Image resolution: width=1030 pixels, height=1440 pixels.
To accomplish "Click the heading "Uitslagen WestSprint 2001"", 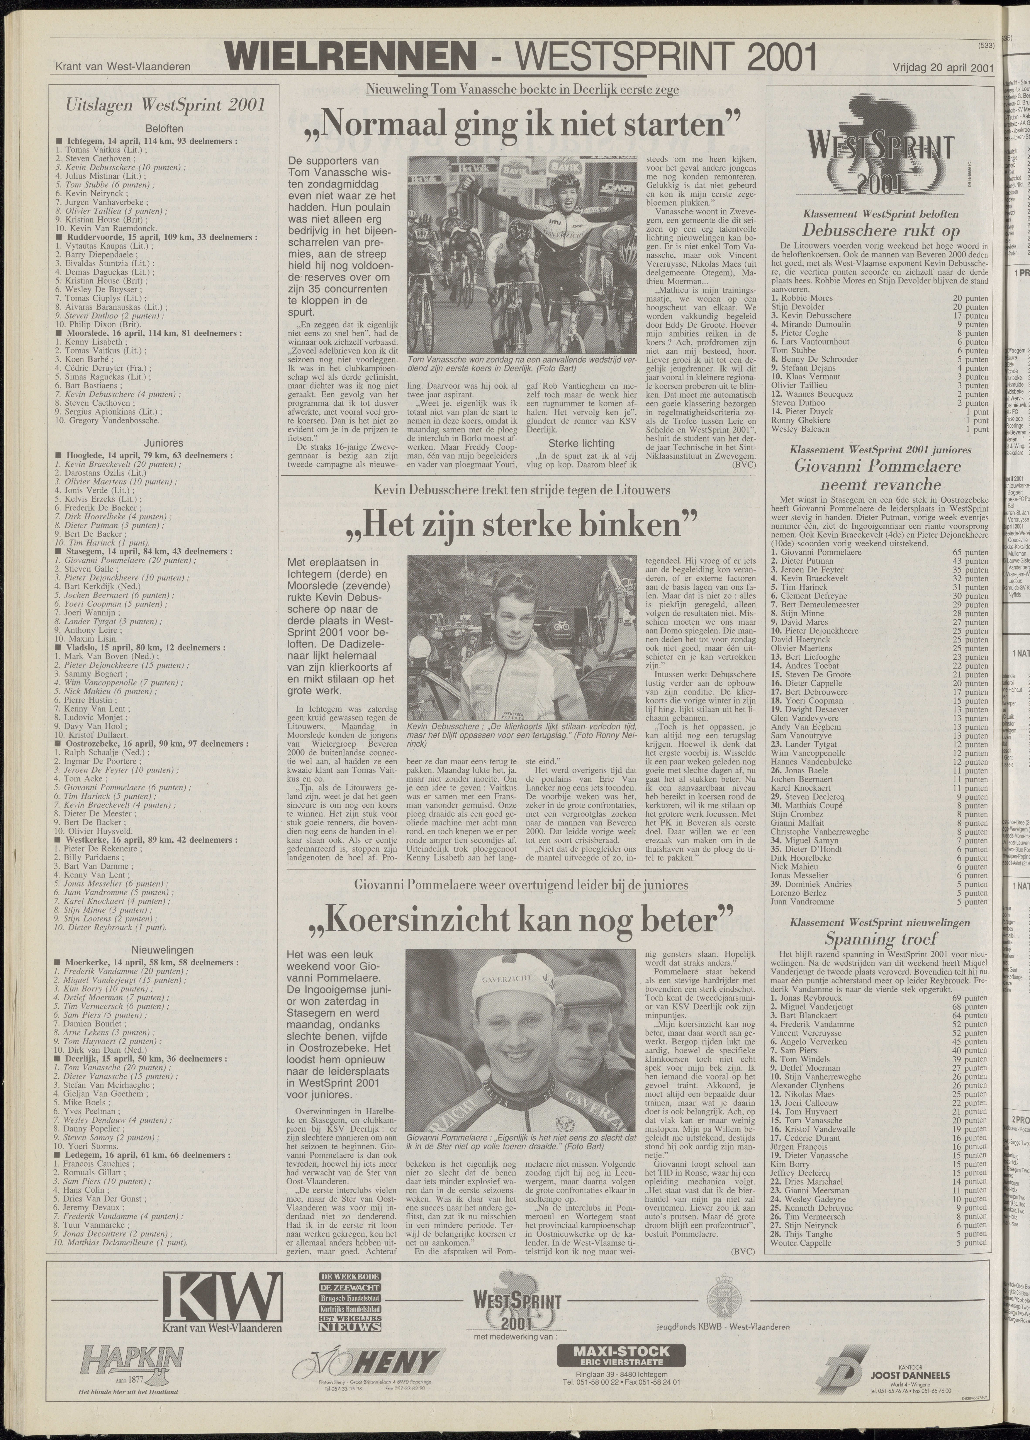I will (x=157, y=105).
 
